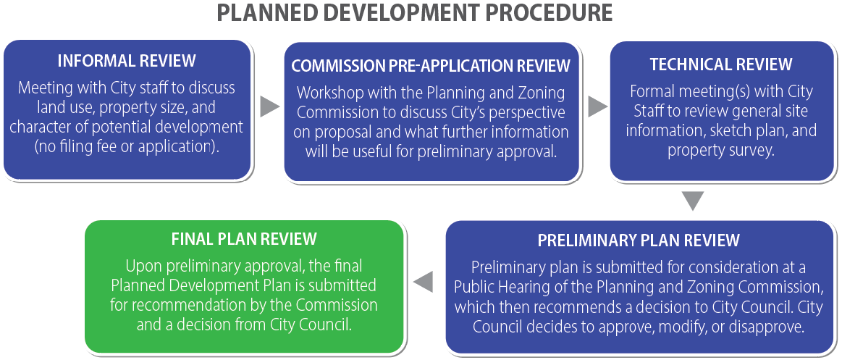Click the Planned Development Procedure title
pos(415,13)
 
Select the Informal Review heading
pos(127,61)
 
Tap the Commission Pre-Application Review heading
pos(431,65)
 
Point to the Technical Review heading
pos(721,64)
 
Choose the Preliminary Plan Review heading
pos(639,240)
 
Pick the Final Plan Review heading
pos(244,238)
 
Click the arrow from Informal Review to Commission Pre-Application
pos(270,106)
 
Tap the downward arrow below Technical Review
pos(694,201)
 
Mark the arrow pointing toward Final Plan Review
pos(423,282)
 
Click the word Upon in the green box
pos(143,266)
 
